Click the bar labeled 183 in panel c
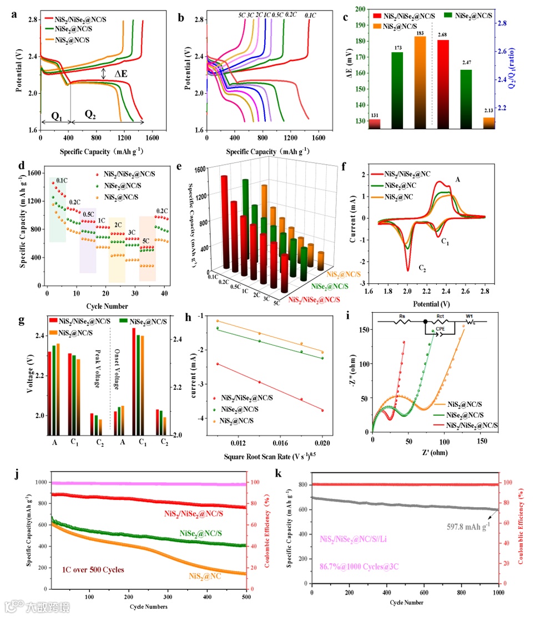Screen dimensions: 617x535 [x=420, y=83]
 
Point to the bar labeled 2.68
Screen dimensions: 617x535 [x=443, y=85]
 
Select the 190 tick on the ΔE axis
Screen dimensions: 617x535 [x=358, y=25]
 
